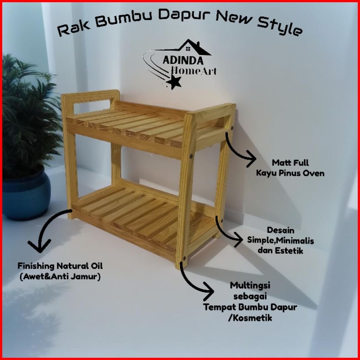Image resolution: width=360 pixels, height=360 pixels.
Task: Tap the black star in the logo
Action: (x=175, y=81)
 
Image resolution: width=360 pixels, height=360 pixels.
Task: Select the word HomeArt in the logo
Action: (x=194, y=70)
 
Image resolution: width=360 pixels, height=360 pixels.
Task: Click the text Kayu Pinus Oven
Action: (x=290, y=173)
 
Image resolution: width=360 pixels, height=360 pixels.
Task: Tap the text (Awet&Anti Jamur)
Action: (x=60, y=276)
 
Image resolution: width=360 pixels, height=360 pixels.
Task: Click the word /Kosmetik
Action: (x=250, y=318)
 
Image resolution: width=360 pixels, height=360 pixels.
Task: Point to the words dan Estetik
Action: (x=280, y=251)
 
